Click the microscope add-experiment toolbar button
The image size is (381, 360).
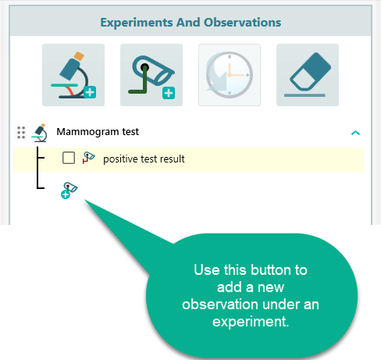[x=73, y=75]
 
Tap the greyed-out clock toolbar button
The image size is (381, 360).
[x=229, y=75]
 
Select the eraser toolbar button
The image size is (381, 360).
[x=307, y=75]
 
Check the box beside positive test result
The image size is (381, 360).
[x=69, y=159]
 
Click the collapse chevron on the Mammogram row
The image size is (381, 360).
[x=355, y=133]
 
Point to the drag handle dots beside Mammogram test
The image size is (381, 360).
[x=21, y=133]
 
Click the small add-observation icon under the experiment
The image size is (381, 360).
[x=69, y=190]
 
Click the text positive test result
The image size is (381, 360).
[x=144, y=159]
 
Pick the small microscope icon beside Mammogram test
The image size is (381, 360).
[x=41, y=133]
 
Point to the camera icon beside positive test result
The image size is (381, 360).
[x=89, y=159]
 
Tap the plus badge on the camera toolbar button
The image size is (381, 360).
[x=168, y=94]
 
